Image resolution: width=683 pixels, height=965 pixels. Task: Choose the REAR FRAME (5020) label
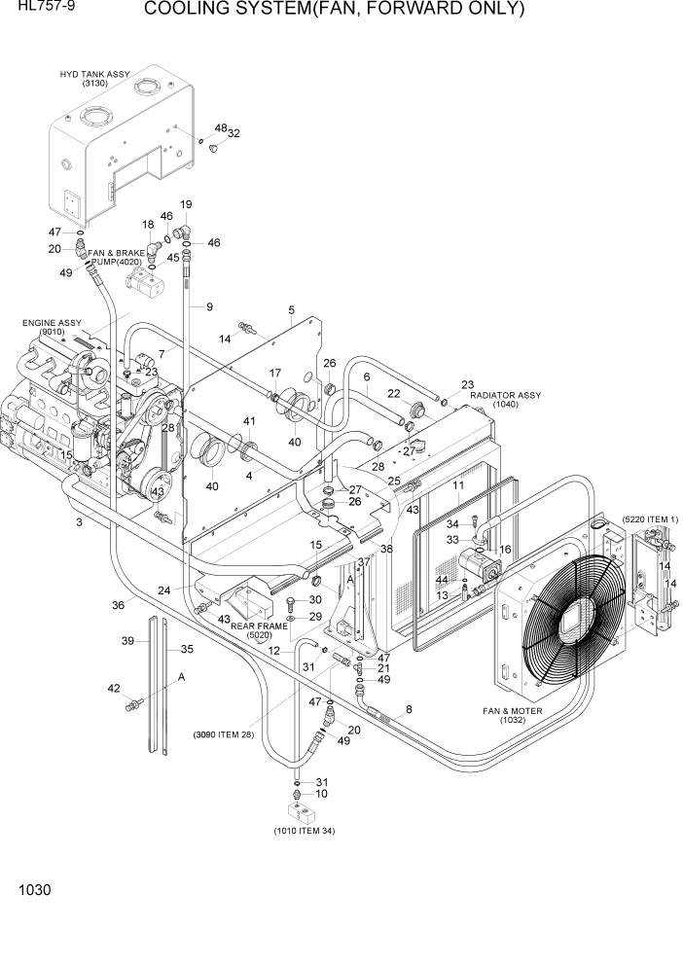tap(257, 630)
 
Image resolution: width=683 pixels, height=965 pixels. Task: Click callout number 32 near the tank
tap(234, 133)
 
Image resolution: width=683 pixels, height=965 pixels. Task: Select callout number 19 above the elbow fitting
tap(185, 204)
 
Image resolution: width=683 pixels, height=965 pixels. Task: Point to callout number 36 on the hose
tap(118, 604)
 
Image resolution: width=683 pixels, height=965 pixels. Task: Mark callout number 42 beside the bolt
tap(114, 689)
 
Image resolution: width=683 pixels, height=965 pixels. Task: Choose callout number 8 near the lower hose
tap(409, 710)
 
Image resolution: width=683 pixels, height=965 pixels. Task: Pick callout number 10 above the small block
tap(322, 794)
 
